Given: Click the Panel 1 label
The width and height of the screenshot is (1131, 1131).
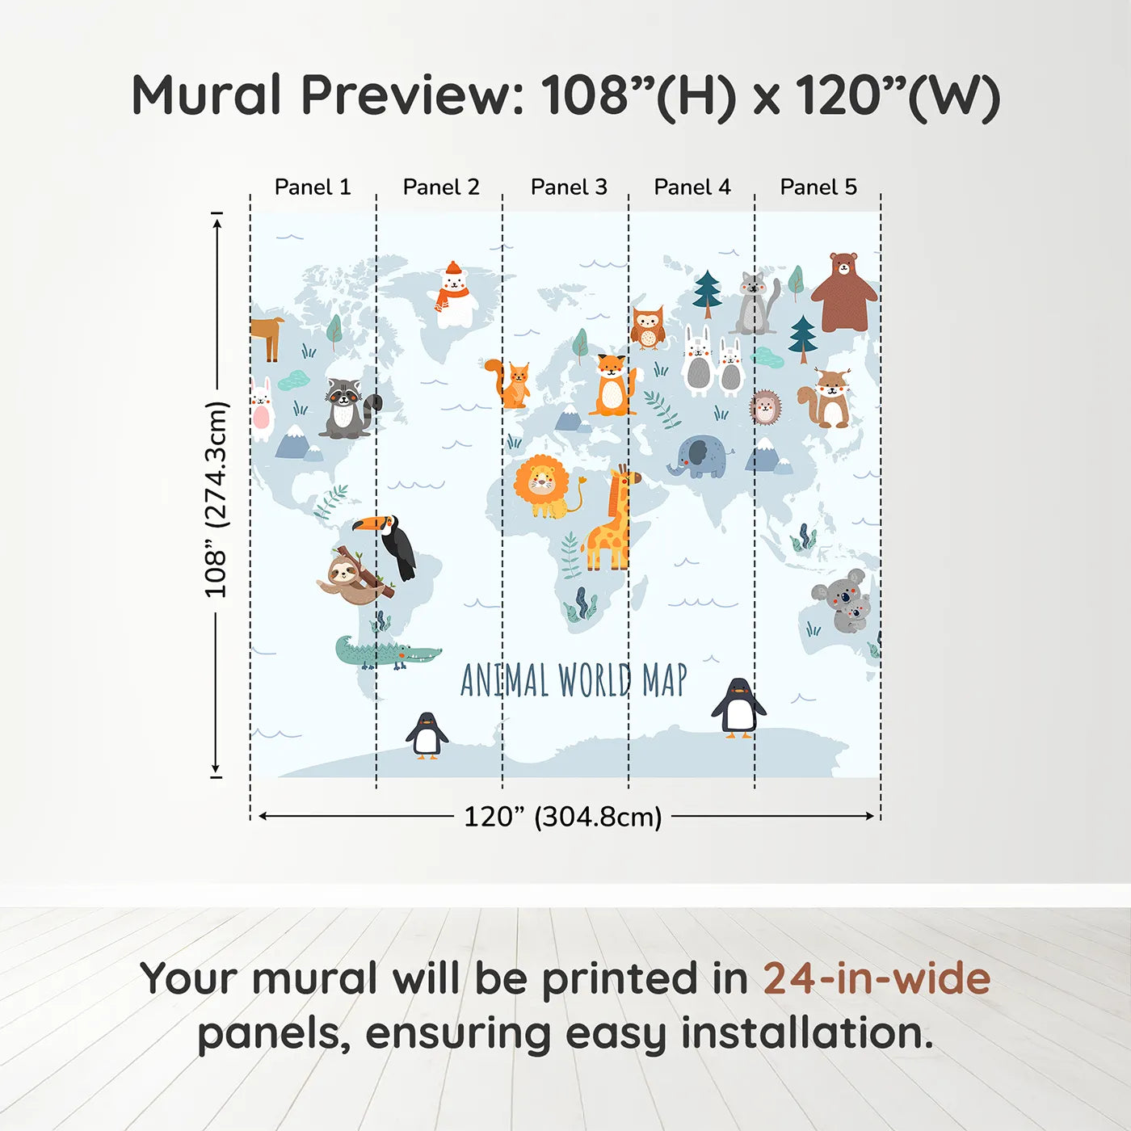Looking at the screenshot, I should click(x=313, y=187).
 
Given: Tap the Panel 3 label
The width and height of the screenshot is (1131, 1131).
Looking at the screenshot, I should click(x=569, y=187).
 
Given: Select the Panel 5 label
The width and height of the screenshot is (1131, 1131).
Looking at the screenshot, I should click(x=818, y=187).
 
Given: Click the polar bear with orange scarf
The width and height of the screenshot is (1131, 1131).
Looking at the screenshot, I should click(x=454, y=295).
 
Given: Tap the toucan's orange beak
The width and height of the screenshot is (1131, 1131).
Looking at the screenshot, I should click(x=368, y=523).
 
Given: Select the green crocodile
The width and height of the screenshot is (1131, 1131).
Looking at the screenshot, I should click(x=386, y=653).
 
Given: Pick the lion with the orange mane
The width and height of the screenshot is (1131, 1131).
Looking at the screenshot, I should click(x=543, y=486).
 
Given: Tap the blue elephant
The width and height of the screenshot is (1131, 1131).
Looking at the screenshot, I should click(x=698, y=457).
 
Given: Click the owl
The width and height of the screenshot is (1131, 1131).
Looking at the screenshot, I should click(x=647, y=327).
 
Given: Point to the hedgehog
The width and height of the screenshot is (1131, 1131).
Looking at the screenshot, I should click(x=765, y=407).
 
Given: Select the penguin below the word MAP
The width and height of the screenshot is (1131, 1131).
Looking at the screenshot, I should click(x=738, y=708).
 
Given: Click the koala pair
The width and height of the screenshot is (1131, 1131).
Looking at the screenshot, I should click(x=843, y=600).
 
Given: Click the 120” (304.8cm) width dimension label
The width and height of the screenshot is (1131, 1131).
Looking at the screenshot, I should click(x=562, y=817).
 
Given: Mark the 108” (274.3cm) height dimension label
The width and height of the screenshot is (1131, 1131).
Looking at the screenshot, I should click(x=217, y=499).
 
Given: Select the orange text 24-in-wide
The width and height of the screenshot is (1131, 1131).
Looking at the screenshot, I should click(x=877, y=979).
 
